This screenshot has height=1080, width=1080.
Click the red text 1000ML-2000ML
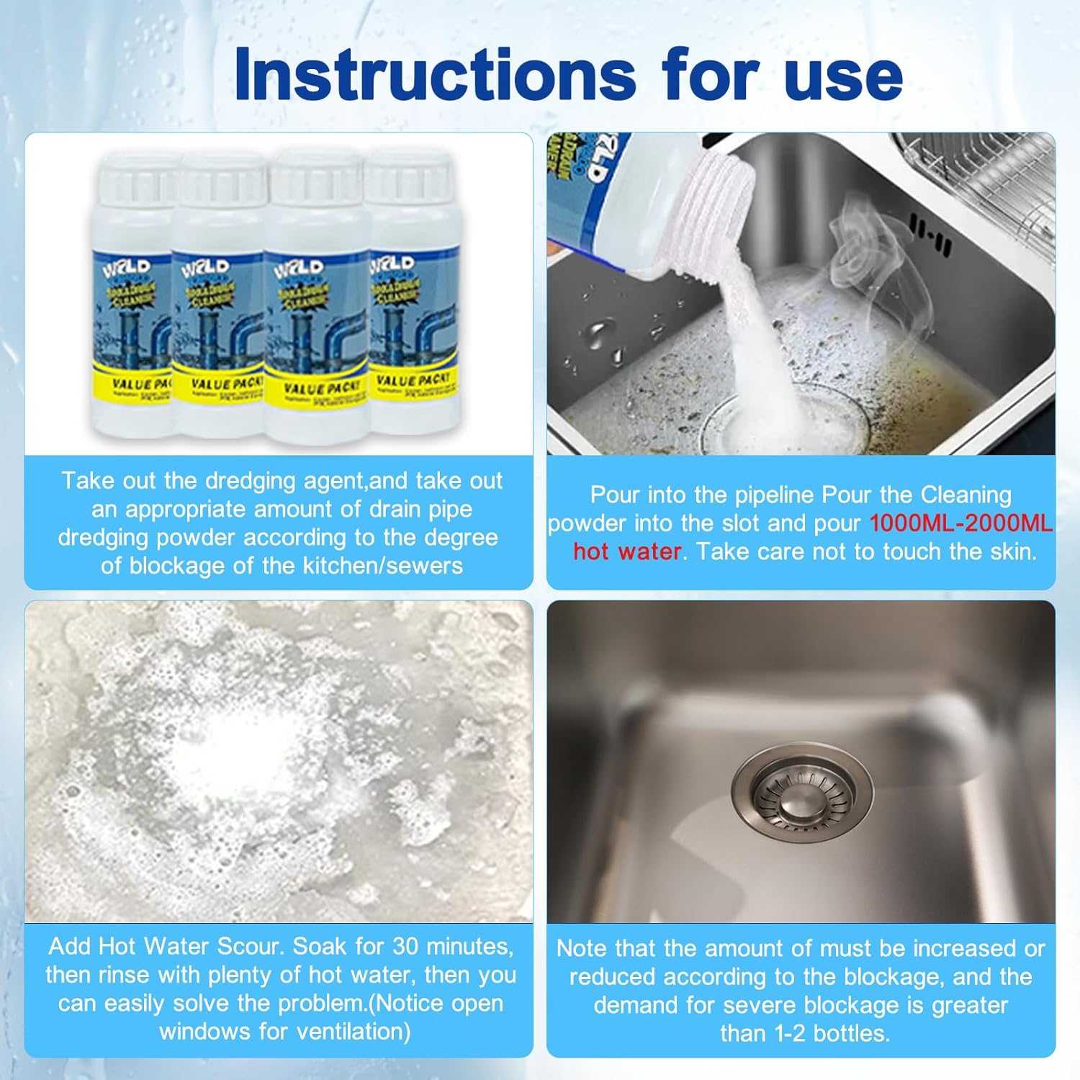pyautogui.click(x=960, y=523)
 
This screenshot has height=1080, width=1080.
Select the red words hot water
pyautogui.click(x=626, y=552)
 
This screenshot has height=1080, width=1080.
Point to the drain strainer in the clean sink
pyautogui.click(x=802, y=796)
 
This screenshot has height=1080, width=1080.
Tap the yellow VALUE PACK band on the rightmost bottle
pyautogui.click(x=412, y=381)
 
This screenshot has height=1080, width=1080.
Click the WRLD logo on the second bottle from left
pyautogui.click(x=207, y=269)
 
